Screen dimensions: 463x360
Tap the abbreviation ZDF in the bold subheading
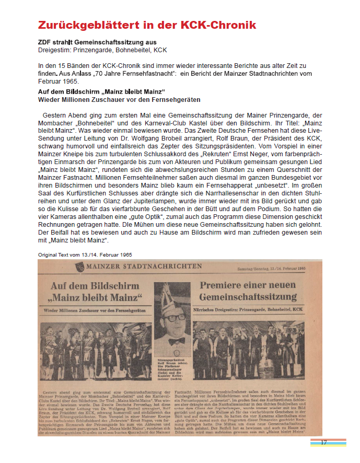[45, 42]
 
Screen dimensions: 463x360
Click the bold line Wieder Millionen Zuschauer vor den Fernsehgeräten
[119, 99]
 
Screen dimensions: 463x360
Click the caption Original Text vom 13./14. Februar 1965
[85, 254]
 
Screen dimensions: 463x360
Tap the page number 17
[324, 443]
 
